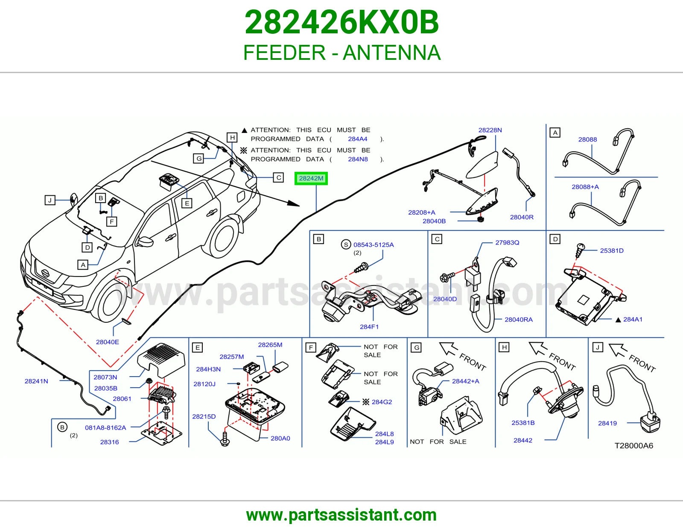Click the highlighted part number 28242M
311,179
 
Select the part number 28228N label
490,130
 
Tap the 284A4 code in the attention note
357,139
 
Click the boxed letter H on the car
232,138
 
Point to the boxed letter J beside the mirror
50,200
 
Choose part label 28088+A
585,187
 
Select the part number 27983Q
507,243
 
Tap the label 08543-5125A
374,244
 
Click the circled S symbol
346,244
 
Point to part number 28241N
36,381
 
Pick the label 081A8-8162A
105,427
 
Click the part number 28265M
270,344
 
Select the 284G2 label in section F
382,402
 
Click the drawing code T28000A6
633,446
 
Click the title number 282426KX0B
341,22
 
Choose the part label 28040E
108,342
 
